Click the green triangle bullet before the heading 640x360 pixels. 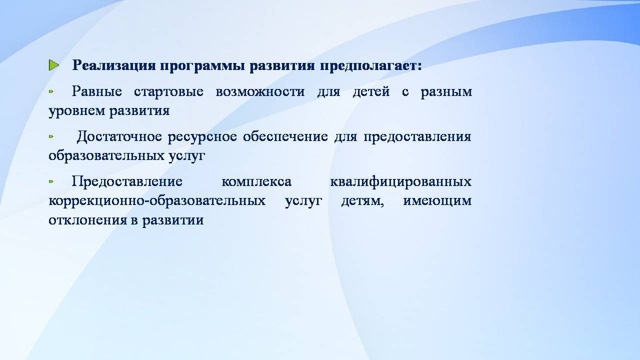tap(53, 65)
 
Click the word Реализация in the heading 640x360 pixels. tap(114, 65)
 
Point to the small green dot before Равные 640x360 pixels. tap(51, 91)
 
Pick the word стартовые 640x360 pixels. tap(168, 91)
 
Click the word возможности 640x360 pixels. tap(260, 91)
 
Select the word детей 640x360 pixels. tap(371, 91)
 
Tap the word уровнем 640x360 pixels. tap(77, 111)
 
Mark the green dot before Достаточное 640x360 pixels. tap(51, 137)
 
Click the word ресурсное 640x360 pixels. tap(202, 137)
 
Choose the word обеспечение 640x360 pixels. tap(285, 136)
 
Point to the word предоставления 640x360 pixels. tap(417, 137)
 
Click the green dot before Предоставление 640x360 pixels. tap(51, 181)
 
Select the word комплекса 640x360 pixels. tap(256, 181)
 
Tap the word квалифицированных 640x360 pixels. tap(401, 181)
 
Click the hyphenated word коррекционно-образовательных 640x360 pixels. tap(157, 201)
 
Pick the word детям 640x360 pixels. tap(362, 201)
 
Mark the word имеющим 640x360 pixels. tap(437, 201)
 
